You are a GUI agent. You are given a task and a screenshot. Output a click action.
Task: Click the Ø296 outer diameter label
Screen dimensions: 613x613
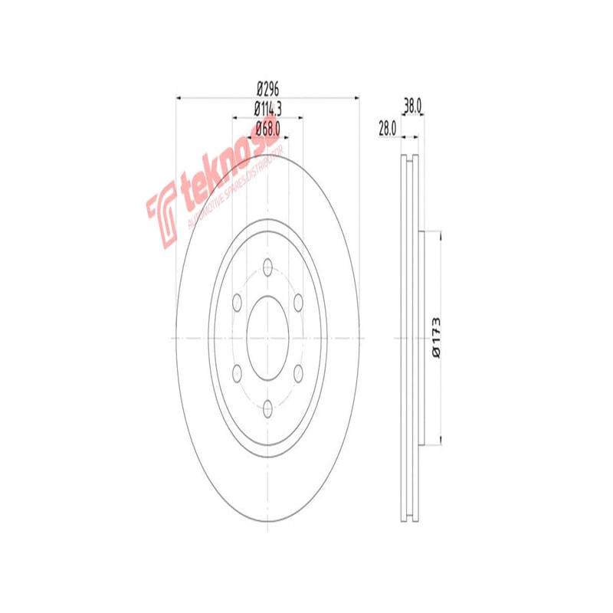[x=267, y=89]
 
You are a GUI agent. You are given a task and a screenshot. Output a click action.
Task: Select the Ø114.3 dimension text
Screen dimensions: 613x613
[x=267, y=109]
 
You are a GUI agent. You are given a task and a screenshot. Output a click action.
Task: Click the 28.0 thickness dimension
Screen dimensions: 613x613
[x=386, y=129]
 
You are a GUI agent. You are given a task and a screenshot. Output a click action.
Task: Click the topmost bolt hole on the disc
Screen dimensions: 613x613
[x=267, y=267]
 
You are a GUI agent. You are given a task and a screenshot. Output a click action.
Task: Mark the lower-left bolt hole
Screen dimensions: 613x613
[x=237, y=373]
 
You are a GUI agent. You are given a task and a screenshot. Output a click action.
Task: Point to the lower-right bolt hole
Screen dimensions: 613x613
[x=298, y=373]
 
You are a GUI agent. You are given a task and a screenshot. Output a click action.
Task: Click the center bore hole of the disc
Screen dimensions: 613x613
[x=267, y=337]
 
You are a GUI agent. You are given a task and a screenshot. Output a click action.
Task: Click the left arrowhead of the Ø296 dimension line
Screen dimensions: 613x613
[x=179, y=97]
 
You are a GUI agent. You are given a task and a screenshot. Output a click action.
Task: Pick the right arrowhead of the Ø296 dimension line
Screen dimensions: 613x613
[x=356, y=97]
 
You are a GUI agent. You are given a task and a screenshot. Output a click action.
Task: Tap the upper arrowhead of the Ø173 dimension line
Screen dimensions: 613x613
[x=441, y=234]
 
